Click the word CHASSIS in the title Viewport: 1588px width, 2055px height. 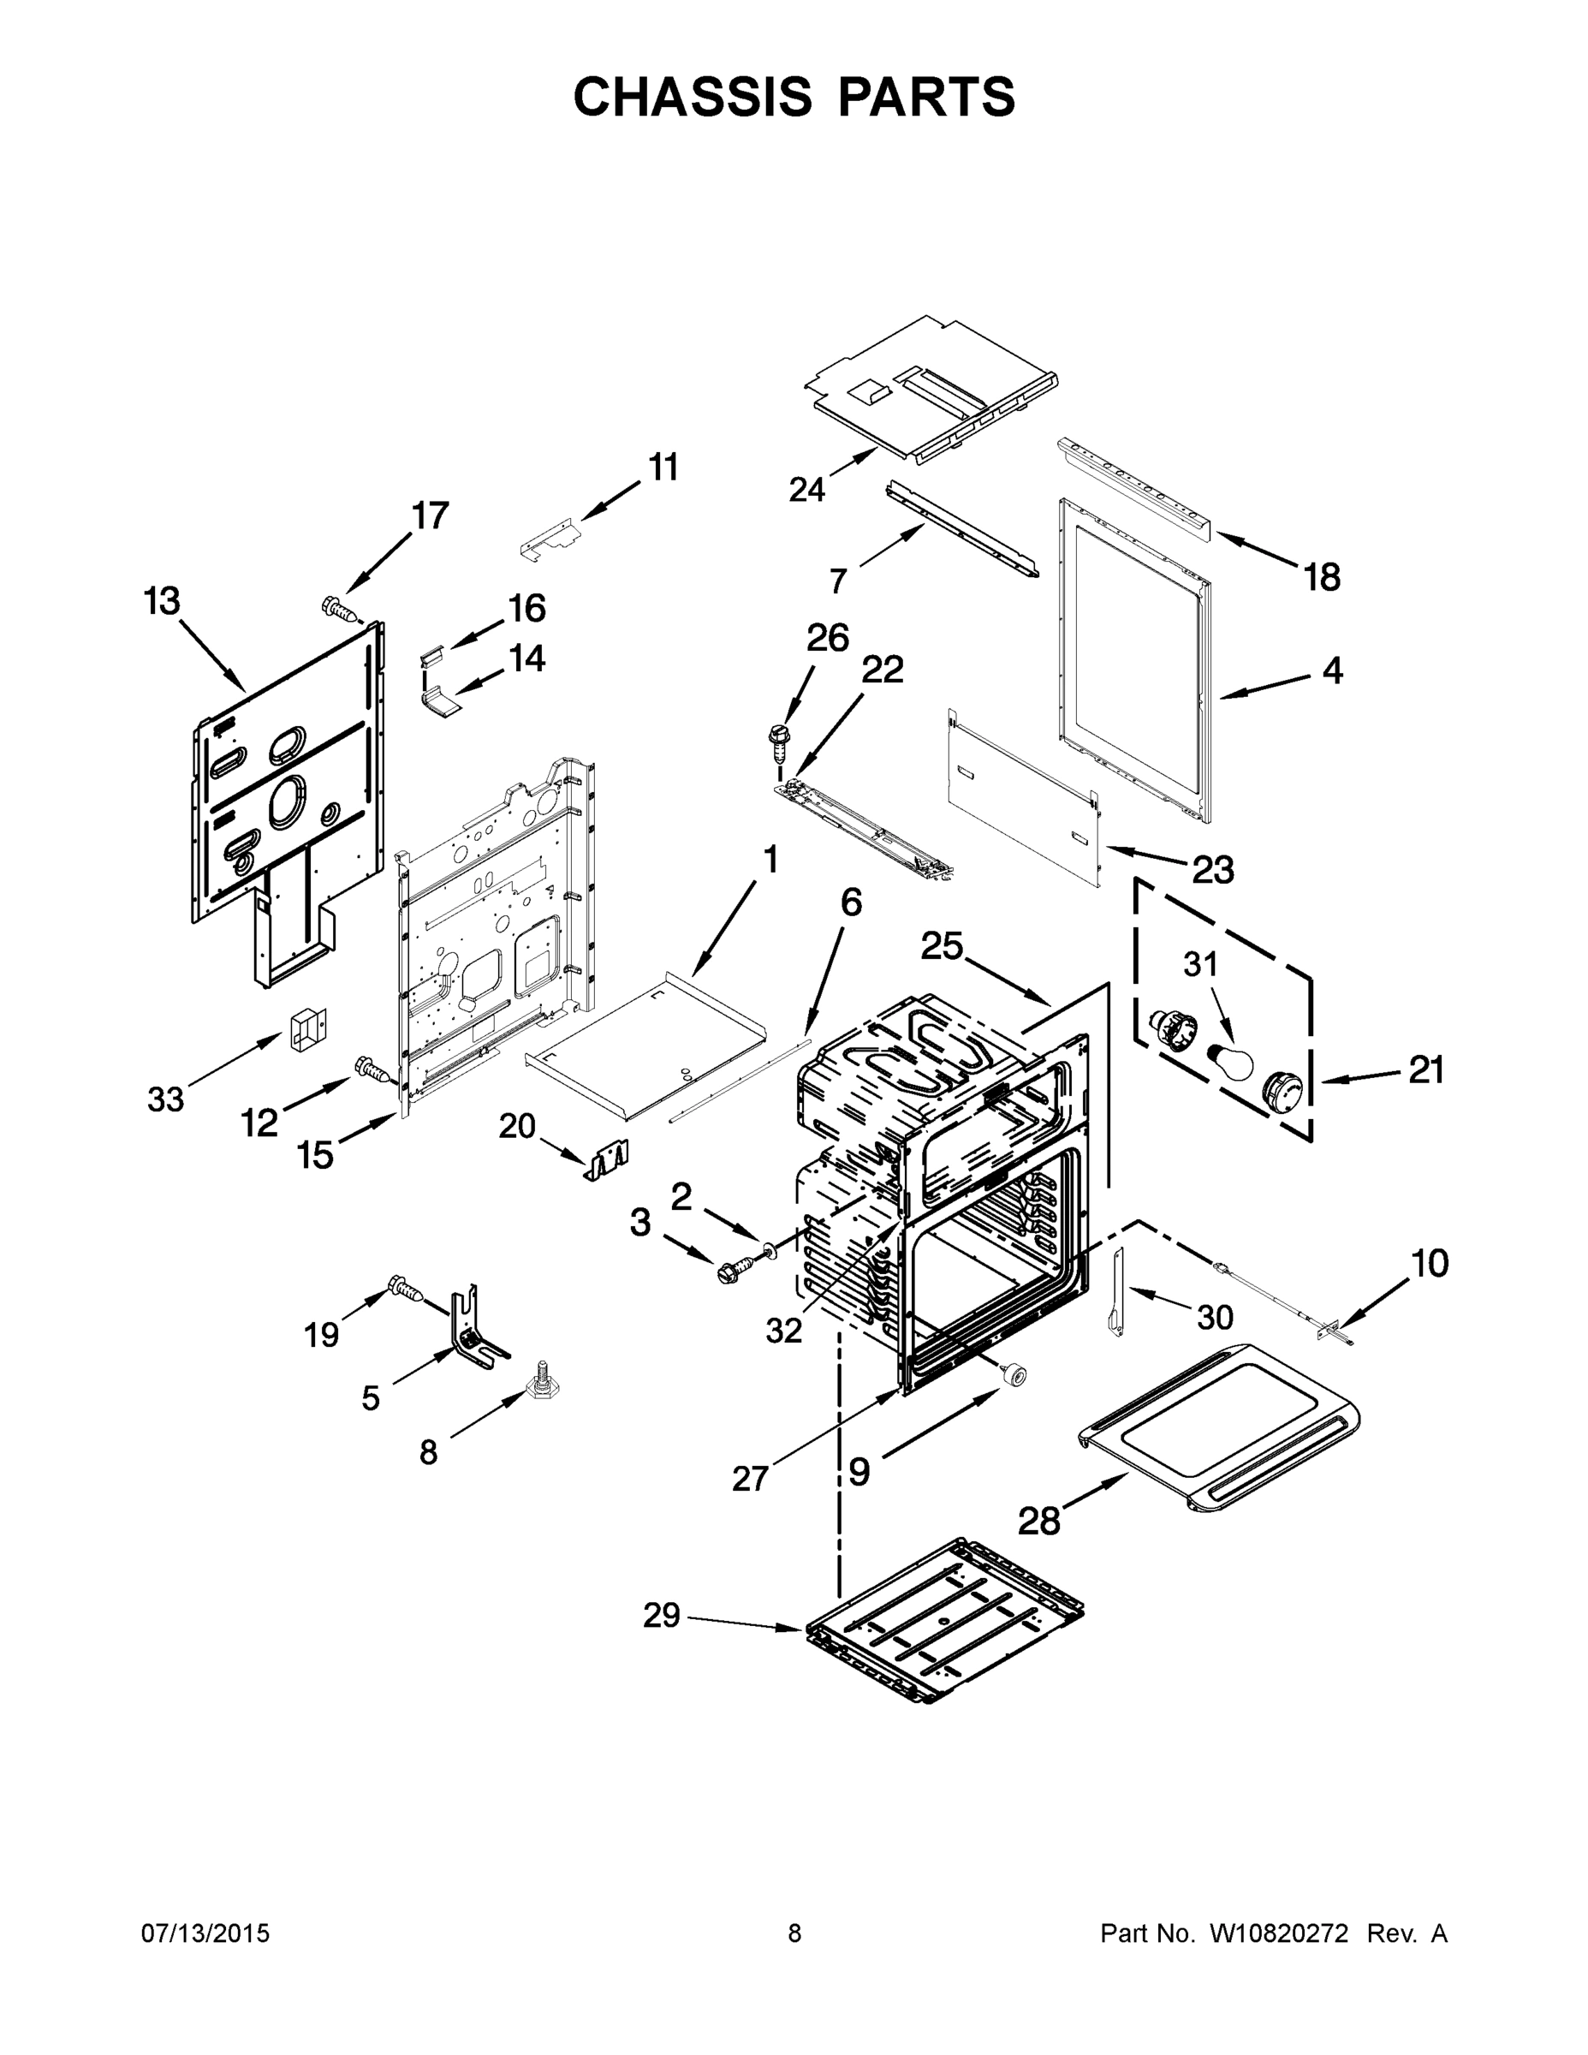[x=693, y=96]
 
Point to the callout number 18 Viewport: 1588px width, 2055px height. [x=1322, y=577]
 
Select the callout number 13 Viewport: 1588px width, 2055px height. [x=162, y=600]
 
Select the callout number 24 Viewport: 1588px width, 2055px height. [x=807, y=489]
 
